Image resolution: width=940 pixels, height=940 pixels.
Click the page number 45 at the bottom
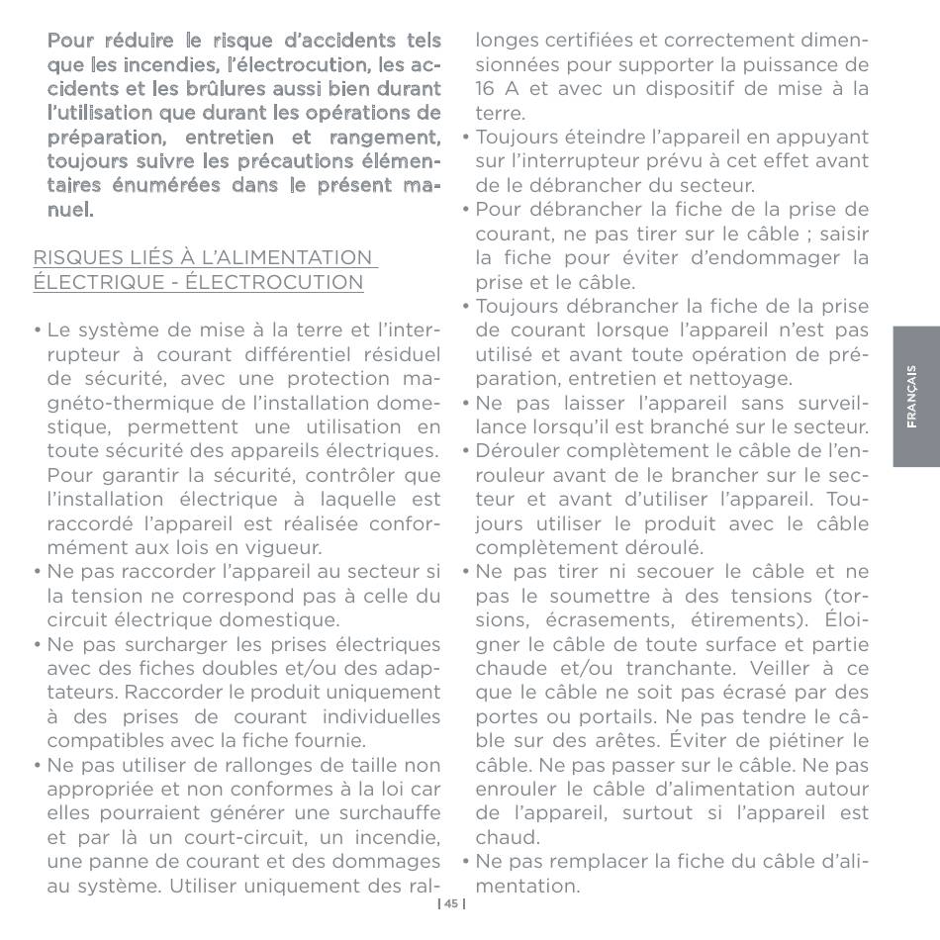point(450,903)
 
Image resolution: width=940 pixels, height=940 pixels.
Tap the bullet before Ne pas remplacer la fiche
point(465,862)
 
